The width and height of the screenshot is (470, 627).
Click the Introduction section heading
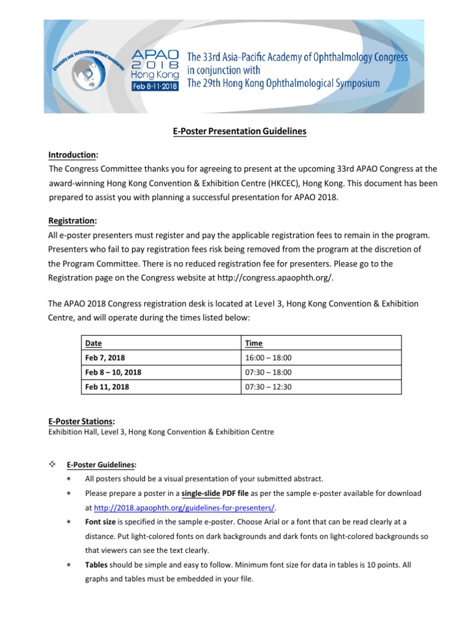[73, 155]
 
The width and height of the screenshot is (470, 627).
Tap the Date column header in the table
[93, 344]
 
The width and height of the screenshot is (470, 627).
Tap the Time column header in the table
[253, 344]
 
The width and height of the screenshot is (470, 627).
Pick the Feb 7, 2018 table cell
[106, 358]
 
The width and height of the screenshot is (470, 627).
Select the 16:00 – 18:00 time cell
[268, 358]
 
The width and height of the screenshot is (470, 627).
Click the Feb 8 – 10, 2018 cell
[113, 372]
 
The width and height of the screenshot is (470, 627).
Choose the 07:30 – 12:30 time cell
[268, 387]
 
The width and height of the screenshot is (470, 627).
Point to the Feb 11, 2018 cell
[108, 387]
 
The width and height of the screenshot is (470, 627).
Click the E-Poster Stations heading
[81, 421]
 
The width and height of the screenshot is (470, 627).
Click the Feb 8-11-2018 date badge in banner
[155, 87]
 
